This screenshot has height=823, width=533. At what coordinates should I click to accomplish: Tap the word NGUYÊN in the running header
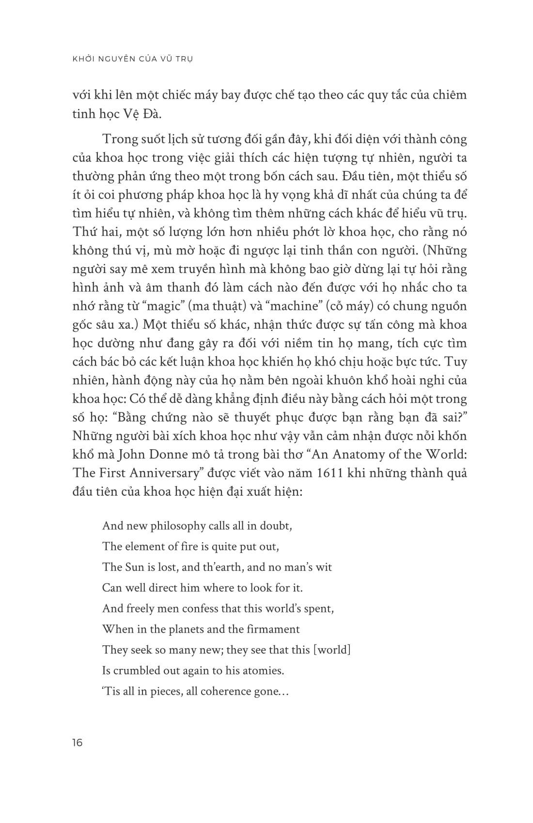(x=120, y=59)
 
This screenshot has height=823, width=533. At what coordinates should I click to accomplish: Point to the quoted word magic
(x=161, y=306)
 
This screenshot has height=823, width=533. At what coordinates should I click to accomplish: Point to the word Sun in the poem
(x=135, y=567)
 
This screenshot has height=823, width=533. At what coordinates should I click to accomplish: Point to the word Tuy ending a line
(x=455, y=362)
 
